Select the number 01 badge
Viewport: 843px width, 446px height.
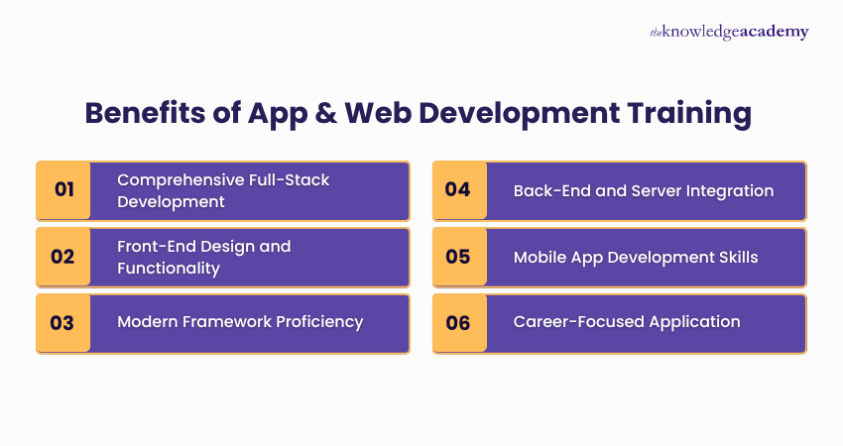(63, 189)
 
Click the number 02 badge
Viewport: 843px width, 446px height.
(63, 257)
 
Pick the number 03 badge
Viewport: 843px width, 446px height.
(63, 322)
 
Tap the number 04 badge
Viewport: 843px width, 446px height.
(458, 189)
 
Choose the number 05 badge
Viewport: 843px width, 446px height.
(458, 257)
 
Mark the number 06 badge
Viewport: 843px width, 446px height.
(458, 322)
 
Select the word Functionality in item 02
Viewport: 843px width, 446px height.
(169, 268)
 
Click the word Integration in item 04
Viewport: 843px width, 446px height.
(731, 190)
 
